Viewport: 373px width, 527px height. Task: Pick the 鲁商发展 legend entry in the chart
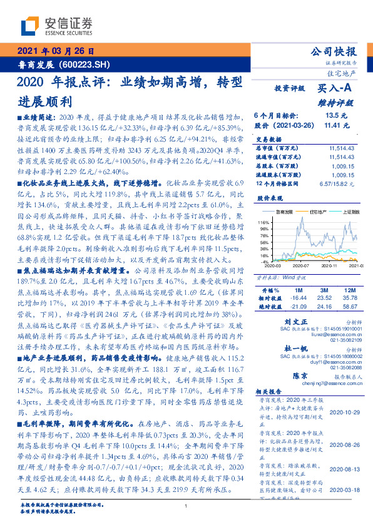(x=290, y=212)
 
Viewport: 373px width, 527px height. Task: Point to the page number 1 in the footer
(x=186, y=506)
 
